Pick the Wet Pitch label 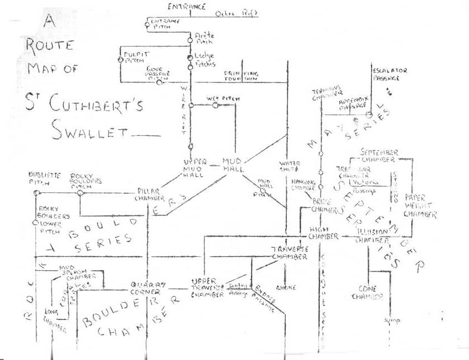(x=223, y=99)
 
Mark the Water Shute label (x=289, y=167)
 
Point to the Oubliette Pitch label (x=44, y=178)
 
